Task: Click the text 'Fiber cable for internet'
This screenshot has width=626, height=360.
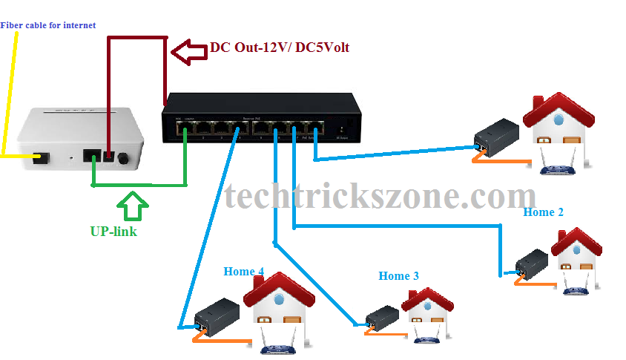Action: [x=48, y=25]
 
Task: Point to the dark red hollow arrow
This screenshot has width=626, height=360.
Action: [x=188, y=51]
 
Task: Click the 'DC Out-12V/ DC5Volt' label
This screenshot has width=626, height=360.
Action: [x=280, y=48]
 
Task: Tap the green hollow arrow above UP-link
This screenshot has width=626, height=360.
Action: [x=134, y=206]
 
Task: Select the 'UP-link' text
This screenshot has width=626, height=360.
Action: [x=113, y=231]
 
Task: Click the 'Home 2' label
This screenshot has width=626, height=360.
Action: [x=544, y=212]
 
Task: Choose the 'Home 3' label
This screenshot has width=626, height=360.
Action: [x=399, y=276]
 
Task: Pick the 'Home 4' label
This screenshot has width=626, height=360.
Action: [x=244, y=272]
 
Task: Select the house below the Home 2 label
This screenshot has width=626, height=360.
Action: [x=576, y=260]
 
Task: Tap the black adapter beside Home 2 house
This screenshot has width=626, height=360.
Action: [x=532, y=264]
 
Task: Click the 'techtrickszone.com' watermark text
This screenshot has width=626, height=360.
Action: [x=380, y=197]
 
